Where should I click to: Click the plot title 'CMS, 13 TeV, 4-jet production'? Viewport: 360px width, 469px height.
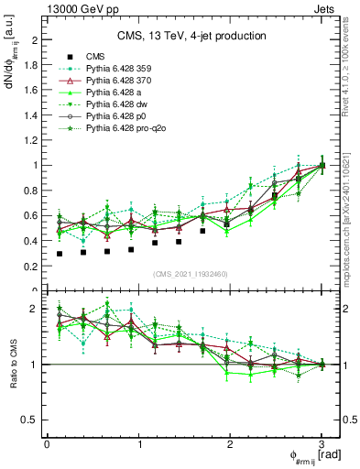click(192, 36)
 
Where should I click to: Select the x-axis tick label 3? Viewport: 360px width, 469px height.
click(322, 443)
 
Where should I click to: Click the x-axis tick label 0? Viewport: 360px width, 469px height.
click(47, 443)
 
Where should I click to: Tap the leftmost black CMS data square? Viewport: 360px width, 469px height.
click(60, 254)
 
